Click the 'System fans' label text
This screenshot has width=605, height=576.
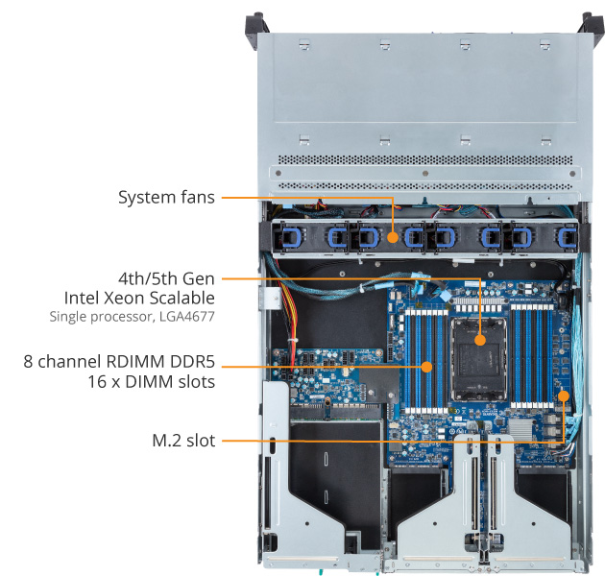tap(165, 199)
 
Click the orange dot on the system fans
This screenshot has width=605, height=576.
tap(394, 234)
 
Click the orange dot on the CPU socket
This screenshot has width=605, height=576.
tap(479, 338)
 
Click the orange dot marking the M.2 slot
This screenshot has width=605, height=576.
tap(564, 396)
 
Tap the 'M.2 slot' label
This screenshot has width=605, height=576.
tap(182, 441)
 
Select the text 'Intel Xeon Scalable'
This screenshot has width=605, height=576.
tap(139, 298)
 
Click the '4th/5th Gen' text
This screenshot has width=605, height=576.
tap(166, 278)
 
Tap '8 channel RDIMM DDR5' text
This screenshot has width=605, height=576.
tap(120, 362)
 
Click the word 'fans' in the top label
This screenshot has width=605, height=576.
tap(195, 199)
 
